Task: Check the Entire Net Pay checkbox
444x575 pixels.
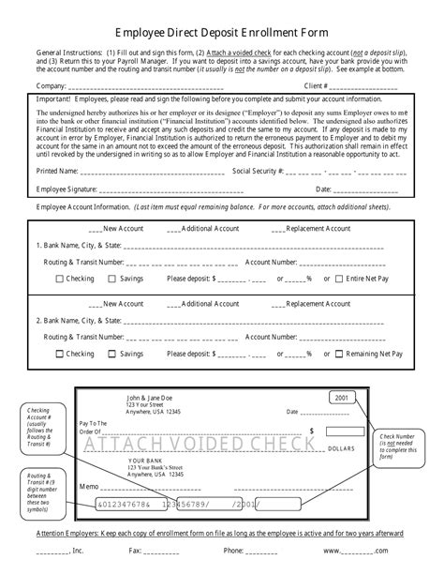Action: [x=340, y=279]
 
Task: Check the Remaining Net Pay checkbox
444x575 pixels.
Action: [x=340, y=354]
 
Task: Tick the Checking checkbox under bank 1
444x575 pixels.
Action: [x=60, y=279]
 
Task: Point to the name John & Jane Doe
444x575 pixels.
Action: [x=152, y=371]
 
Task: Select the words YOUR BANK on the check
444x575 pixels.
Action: [x=145, y=434]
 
